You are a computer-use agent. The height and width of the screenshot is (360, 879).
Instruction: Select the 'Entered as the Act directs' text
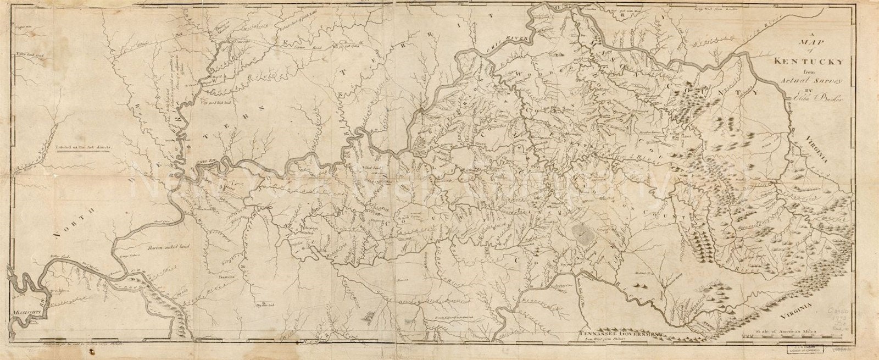click(x=79, y=148)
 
